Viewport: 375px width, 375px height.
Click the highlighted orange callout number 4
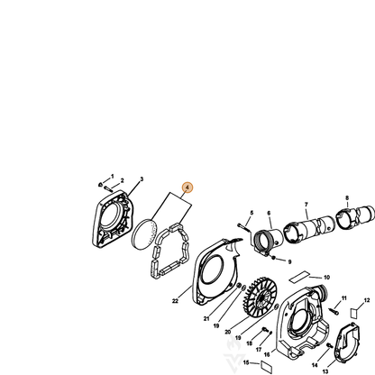pos(187,187)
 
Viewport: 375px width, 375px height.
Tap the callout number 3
pos(142,179)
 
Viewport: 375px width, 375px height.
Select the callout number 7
pos(306,205)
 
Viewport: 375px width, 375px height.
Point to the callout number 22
pos(175,301)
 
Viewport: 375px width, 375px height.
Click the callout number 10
pos(326,278)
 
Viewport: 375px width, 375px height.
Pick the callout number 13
pos(325,371)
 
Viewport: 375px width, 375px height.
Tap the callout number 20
pos(228,332)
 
